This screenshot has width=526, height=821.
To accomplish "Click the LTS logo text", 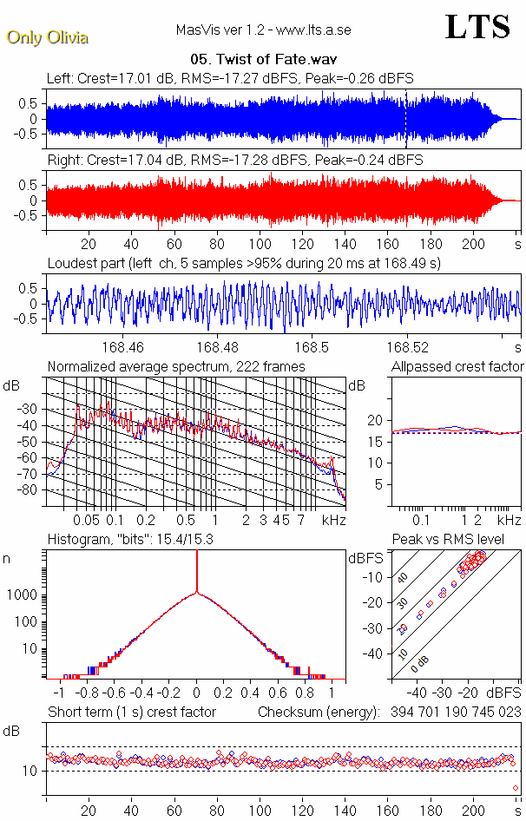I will (x=477, y=28).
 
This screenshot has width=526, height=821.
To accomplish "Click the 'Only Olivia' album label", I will (x=47, y=37).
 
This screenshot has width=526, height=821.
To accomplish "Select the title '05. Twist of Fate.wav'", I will (x=262, y=61).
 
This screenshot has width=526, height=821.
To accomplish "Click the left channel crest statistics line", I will (x=230, y=78).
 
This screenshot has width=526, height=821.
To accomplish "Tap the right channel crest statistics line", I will (x=235, y=161).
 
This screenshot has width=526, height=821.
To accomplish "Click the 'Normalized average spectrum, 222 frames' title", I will (x=176, y=367).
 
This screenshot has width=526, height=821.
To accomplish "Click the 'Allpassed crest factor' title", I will (x=457, y=367).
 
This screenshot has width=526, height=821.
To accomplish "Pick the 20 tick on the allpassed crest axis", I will (x=376, y=420).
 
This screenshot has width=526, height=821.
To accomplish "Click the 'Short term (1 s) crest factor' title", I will (x=131, y=713).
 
